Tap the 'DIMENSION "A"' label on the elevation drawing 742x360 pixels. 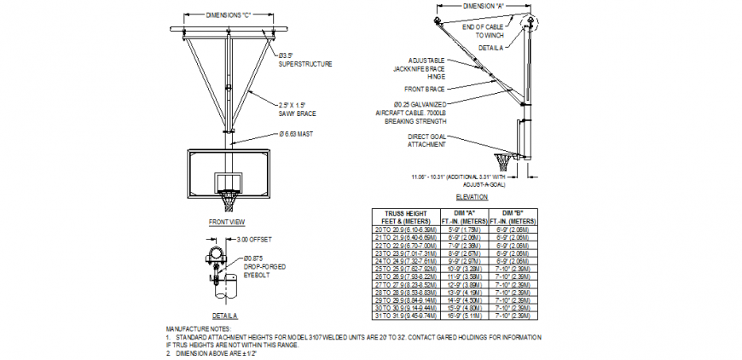[484, 6]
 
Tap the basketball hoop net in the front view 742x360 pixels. [229, 201]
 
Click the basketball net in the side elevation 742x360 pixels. [507, 161]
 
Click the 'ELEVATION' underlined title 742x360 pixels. [472, 198]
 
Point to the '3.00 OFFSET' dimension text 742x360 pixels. [256, 241]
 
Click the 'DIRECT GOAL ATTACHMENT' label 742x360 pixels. [426, 141]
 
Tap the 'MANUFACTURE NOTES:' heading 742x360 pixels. [197, 328]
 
